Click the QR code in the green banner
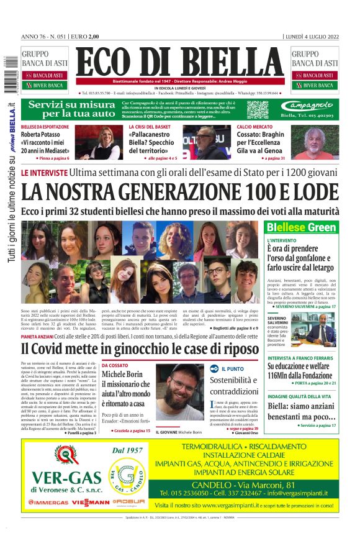click(257, 109)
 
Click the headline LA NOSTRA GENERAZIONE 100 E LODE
click(180, 191)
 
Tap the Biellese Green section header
click(302, 227)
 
